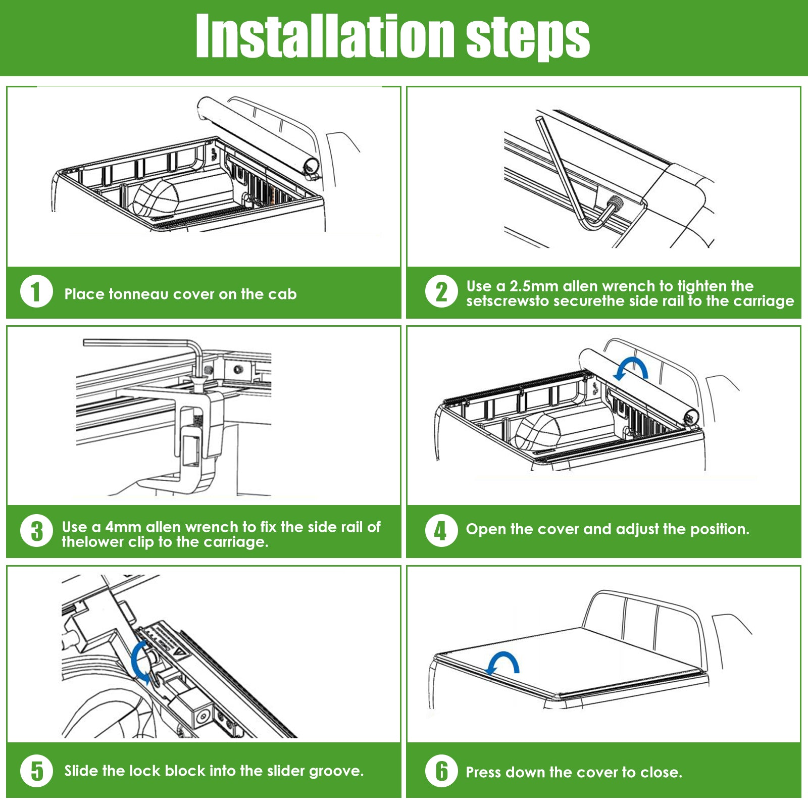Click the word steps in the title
pos(528,38)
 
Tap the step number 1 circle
pos(36,291)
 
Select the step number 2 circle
pos(441,291)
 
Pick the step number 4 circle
pos(441,531)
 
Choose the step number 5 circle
pos(36,771)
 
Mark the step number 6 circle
pos(441,771)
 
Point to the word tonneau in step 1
pos(138,294)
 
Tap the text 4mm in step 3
pos(123,527)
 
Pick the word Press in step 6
pos(483,772)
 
